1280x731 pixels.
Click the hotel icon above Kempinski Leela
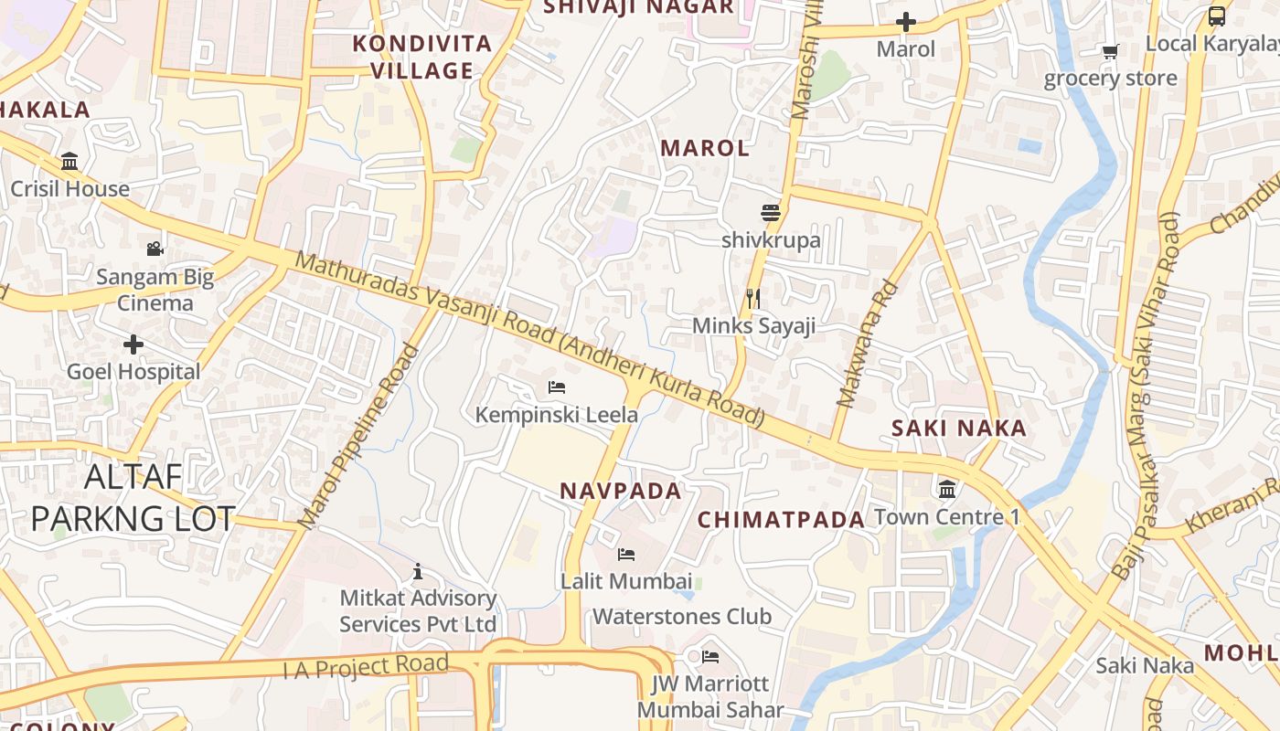point(556,387)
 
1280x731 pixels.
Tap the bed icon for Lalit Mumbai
point(626,555)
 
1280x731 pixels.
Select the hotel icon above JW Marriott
point(710,656)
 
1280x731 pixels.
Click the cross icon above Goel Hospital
point(133,345)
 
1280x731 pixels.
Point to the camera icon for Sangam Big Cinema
point(155,249)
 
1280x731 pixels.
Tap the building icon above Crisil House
point(69,162)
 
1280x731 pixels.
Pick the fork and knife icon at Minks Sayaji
point(753,299)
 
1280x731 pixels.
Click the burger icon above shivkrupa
point(771,213)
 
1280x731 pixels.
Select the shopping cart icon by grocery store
point(1110,51)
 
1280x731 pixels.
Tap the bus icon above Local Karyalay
point(1217,16)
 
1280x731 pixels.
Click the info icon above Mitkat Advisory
point(418,571)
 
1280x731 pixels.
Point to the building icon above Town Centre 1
point(947,489)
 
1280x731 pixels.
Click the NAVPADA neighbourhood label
point(621,491)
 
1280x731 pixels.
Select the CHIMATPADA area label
point(781,520)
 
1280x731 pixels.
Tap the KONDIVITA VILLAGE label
point(422,57)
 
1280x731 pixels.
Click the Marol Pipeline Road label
point(358,437)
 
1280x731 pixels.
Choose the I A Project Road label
point(366,666)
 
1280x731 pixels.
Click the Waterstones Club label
point(682,617)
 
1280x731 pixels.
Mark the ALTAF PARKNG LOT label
point(133,498)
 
